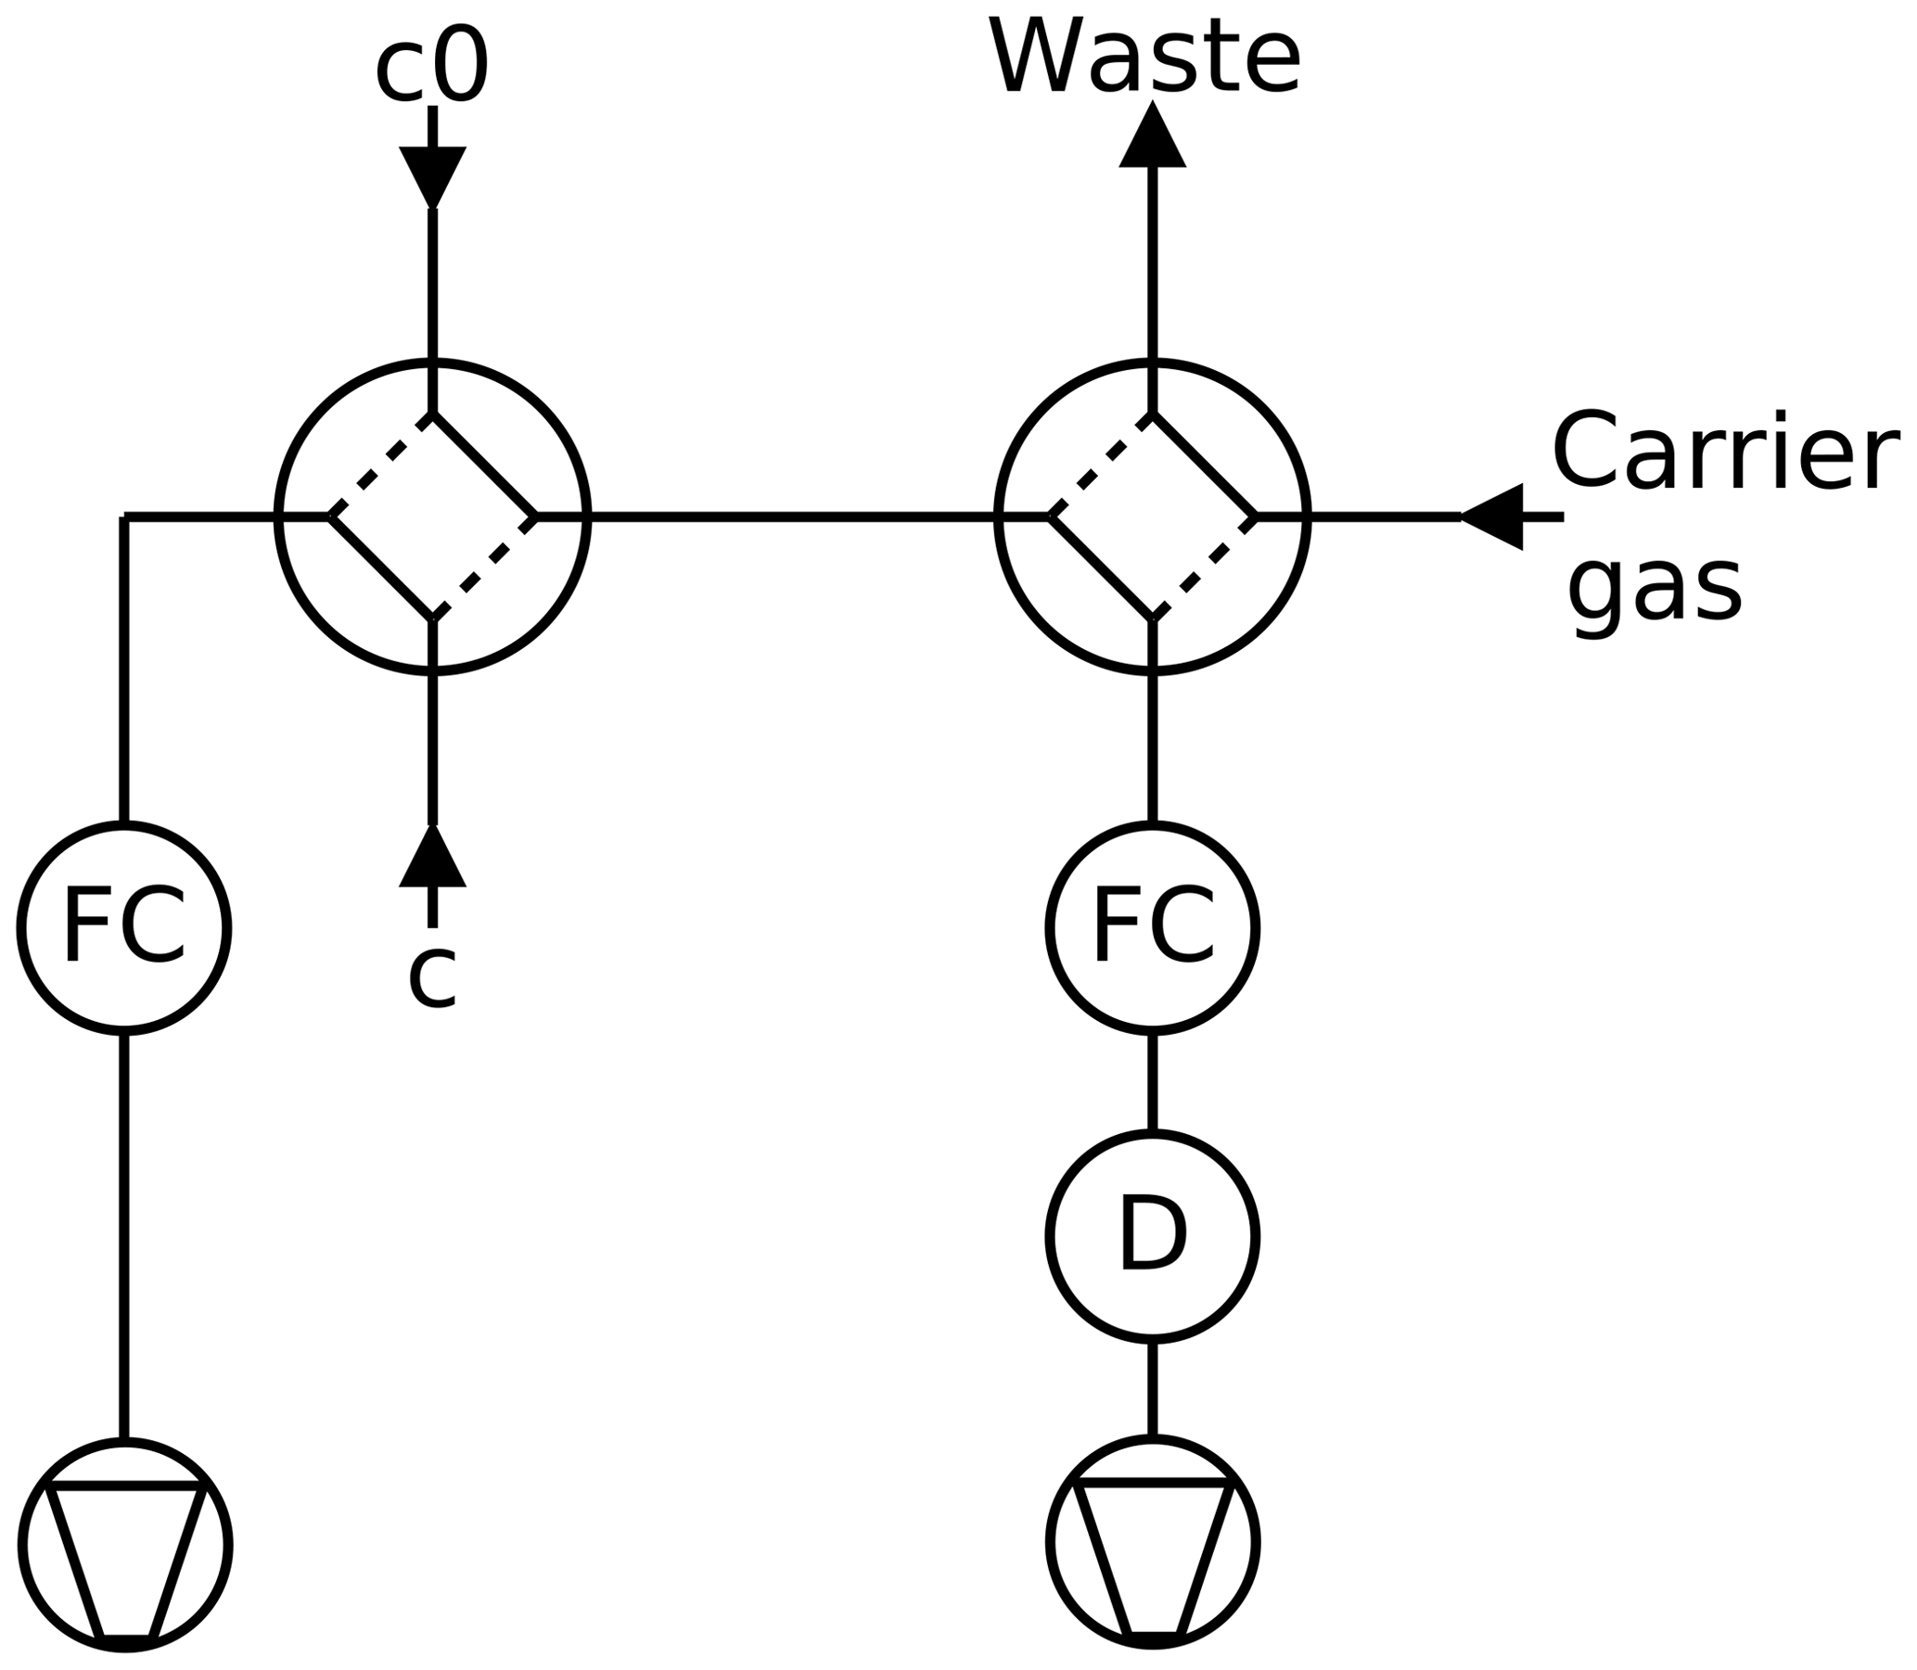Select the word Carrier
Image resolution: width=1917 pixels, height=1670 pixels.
point(1724,451)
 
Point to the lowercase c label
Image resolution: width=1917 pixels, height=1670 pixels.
point(432,976)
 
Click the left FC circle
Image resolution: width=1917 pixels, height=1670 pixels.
point(124,927)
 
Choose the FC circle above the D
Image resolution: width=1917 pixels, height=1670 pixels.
point(1153,927)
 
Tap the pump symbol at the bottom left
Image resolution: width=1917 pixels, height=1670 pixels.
point(125,1544)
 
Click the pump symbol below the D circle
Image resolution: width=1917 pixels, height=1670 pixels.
point(1153,1540)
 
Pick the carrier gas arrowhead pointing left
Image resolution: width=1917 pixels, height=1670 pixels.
point(1493,516)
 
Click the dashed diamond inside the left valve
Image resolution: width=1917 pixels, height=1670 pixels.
point(432,516)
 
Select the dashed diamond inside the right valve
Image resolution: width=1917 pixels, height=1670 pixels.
point(1153,516)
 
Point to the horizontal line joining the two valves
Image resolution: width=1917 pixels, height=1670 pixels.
point(792,515)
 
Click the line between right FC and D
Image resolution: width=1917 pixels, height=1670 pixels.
point(1153,1081)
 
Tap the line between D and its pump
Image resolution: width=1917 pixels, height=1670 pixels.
point(1153,1388)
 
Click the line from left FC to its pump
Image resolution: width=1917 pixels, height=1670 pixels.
point(124,1235)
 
